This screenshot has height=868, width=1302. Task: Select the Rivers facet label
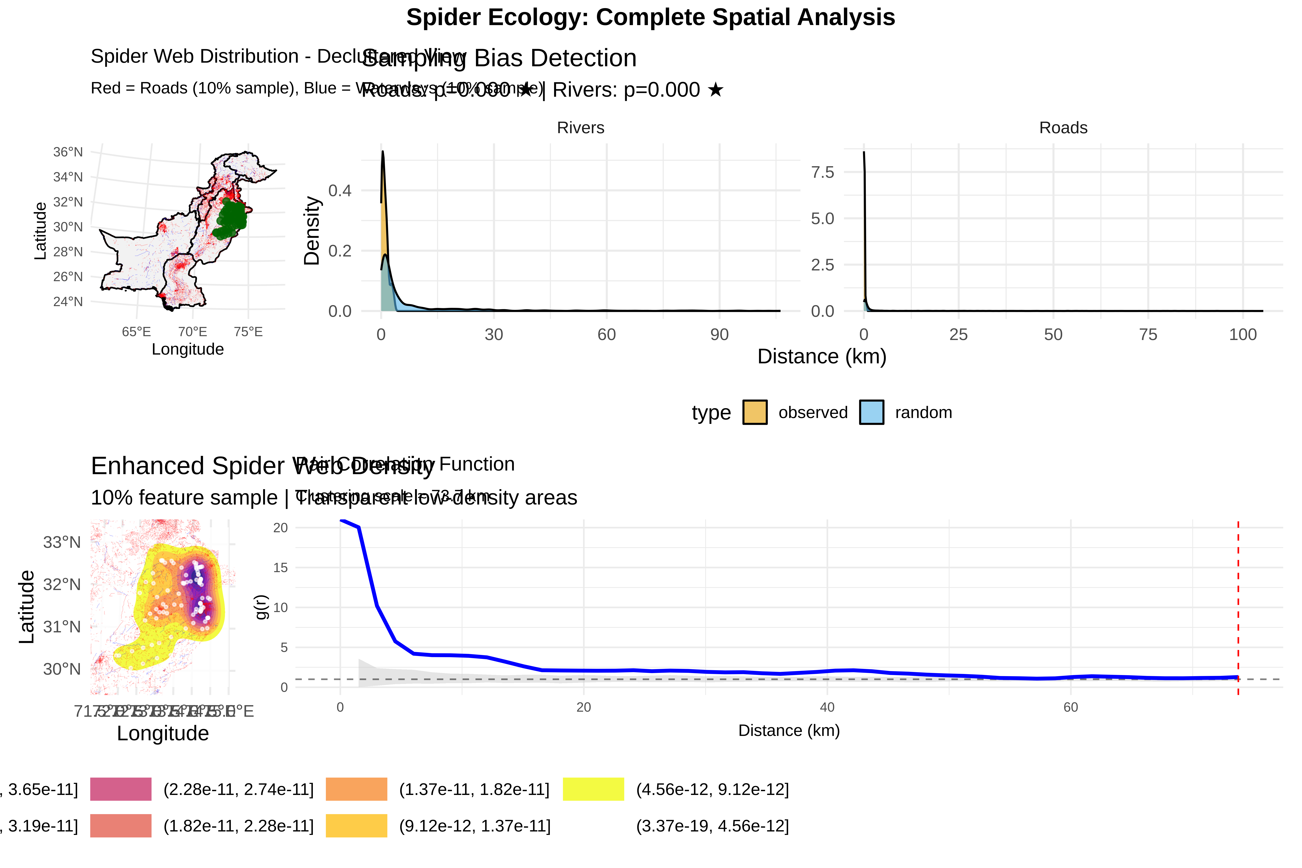point(580,128)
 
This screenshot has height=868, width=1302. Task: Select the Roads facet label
point(1063,128)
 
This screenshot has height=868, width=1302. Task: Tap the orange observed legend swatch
point(754,412)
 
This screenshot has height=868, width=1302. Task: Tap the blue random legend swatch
point(871,412)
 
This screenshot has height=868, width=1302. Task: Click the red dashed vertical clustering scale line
point(1238,609)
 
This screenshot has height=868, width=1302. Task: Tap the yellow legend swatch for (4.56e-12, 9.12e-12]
point(593,789)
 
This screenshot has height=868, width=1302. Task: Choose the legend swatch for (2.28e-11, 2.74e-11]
point(121,789)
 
